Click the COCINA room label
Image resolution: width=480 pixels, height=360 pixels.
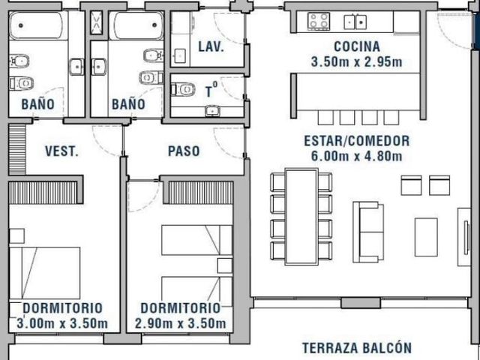(x=357, y=46)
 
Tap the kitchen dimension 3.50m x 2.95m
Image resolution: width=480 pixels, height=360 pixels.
(x=357, y=62)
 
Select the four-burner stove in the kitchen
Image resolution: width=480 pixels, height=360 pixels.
(x=319, y=22)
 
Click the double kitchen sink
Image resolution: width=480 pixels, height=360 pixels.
(x=355, y=22)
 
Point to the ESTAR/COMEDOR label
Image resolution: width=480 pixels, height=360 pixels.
(x=357, y=141)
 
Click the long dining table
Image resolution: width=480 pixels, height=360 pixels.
(x=301, y=217)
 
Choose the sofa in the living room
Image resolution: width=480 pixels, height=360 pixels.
(x=368, y=232)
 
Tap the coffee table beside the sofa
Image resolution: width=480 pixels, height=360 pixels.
(x=426, y=237)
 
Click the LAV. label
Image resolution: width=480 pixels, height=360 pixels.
(x=211, y=47)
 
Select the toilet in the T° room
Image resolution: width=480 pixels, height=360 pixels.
(x=183, y=90)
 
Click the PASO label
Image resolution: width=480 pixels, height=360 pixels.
(x=184, y=151)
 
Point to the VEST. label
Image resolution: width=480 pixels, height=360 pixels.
(x=61, y=151)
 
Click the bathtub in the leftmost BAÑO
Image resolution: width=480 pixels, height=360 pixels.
(x=37, y=25)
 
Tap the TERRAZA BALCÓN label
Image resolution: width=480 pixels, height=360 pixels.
(x=357, y=348)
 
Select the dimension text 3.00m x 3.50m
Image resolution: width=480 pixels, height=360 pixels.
(x=62, y=323)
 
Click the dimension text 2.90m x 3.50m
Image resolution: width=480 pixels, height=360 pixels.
(x=180, y=323)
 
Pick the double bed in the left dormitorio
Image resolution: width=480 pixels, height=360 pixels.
(x=45, y=273)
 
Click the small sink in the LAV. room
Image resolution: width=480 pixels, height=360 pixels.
(x=179, y=55)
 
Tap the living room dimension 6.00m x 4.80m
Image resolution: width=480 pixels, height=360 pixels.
(x=357, y=157)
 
